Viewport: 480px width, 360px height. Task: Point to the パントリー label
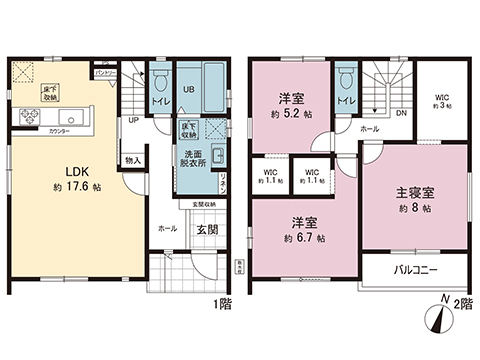(105, 74)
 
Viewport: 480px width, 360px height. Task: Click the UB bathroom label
(188, 90)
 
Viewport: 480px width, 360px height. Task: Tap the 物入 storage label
(134, 160)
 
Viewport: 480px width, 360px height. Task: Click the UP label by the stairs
(133, 122)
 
